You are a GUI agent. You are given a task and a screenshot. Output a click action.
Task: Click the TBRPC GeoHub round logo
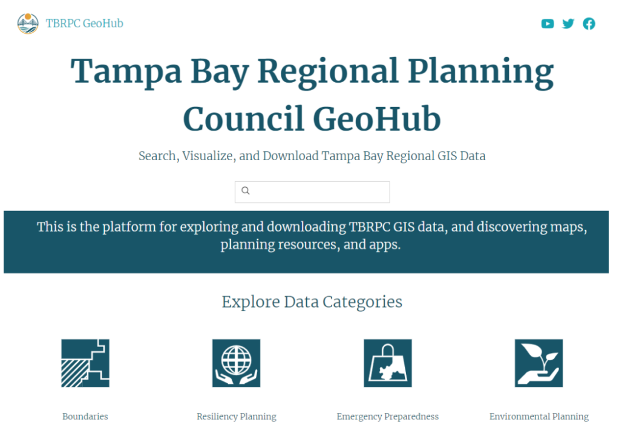[28, 24]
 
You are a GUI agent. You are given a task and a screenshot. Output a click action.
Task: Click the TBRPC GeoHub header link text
[85, 24]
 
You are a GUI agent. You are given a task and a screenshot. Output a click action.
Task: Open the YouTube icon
[548, 24]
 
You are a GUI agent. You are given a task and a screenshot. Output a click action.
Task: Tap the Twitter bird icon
[568, 24]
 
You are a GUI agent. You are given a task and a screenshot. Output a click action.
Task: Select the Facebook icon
[589, 24]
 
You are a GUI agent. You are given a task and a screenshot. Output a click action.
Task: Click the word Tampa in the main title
[126, 71]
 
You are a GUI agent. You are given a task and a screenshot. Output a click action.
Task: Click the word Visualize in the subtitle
[208, 156]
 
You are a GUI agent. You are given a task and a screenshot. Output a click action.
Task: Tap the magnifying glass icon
[246, 191]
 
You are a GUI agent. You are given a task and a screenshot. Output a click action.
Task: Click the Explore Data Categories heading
[312, 302]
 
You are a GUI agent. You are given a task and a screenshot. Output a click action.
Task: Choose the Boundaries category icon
[85, 363]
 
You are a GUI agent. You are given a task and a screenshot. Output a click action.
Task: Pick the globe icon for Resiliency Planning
[236, 363]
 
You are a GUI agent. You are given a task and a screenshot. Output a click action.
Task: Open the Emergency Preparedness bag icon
[387, 363]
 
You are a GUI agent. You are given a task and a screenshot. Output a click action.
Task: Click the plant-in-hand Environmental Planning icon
[539, 363]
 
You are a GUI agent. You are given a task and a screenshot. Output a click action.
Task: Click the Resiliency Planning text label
[236, 416]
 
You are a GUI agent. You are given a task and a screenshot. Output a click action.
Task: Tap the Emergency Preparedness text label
[387, 416]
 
